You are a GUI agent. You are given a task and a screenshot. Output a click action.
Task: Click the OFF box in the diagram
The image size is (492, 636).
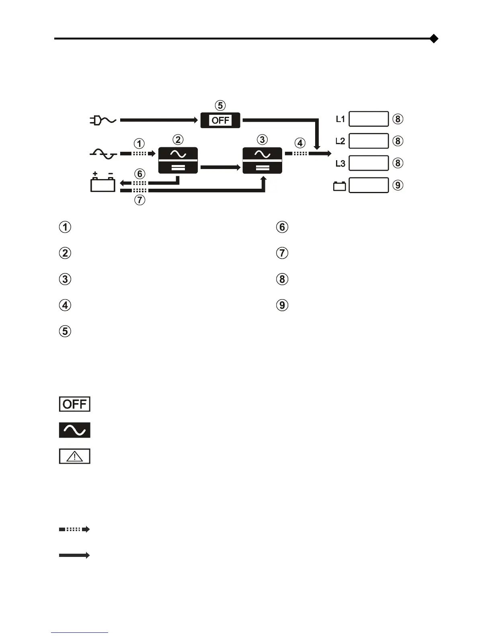(220, 120)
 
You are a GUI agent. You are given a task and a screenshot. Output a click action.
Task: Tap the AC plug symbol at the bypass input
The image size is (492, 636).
(102, 120)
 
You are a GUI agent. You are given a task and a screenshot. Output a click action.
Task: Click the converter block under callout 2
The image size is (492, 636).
(178, 160)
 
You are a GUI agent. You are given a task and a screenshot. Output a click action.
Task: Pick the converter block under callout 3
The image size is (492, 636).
(262, 160)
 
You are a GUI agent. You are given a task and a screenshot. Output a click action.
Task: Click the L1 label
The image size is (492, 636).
(340, 119)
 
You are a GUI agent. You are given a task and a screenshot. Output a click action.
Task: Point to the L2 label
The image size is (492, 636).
(340, 141)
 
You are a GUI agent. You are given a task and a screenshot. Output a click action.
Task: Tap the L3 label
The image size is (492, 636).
(340, 163)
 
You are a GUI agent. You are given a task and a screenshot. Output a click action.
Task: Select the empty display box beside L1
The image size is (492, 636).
(369, 119)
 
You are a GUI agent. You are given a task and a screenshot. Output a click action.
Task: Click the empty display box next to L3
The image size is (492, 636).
(369, 163)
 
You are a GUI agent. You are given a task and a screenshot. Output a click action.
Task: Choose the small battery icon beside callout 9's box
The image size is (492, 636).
(340, 186)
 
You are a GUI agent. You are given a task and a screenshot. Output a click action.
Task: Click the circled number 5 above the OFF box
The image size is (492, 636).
(220, 106)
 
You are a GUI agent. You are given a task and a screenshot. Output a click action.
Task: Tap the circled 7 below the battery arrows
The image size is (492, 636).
(139, 200)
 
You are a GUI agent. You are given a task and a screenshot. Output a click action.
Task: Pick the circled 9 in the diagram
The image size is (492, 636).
(398, 185)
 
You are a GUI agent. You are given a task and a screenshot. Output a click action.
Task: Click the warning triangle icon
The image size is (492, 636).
(75, 457)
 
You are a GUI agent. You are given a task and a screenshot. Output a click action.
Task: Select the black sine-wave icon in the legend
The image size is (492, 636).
(75, 430)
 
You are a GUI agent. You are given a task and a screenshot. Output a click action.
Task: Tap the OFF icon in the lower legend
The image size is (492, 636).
(75, 404)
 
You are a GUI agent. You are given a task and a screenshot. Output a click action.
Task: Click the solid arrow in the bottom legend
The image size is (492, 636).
(74, 555)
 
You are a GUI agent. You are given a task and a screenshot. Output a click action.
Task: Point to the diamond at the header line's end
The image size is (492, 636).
(433, 39)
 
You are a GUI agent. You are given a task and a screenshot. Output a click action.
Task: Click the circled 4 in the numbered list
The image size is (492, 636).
(65, 305)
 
